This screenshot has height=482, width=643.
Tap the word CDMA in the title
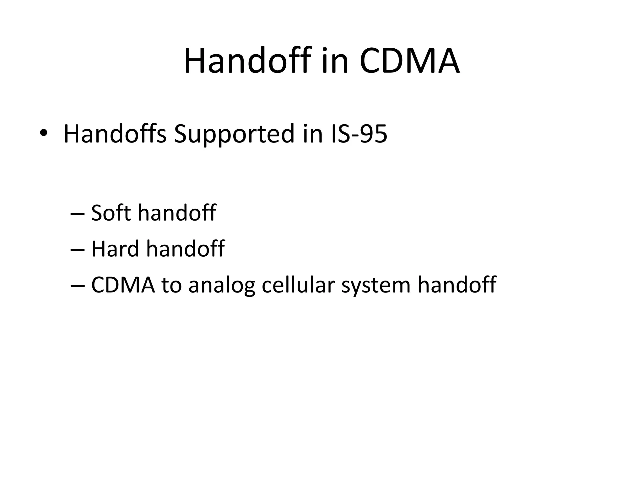(x=410, y=61)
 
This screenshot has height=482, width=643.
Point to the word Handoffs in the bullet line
(x=115, y=134)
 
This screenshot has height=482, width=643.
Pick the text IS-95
(x=359, y=134)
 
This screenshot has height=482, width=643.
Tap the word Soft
(x=110, y=213)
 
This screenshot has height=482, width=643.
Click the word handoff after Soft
(x=177, y=213)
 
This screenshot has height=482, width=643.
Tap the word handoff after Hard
(x=185, y=249)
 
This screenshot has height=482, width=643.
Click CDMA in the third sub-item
(x=123, y=285)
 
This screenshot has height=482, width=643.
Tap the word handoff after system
(x=457, y=285)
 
